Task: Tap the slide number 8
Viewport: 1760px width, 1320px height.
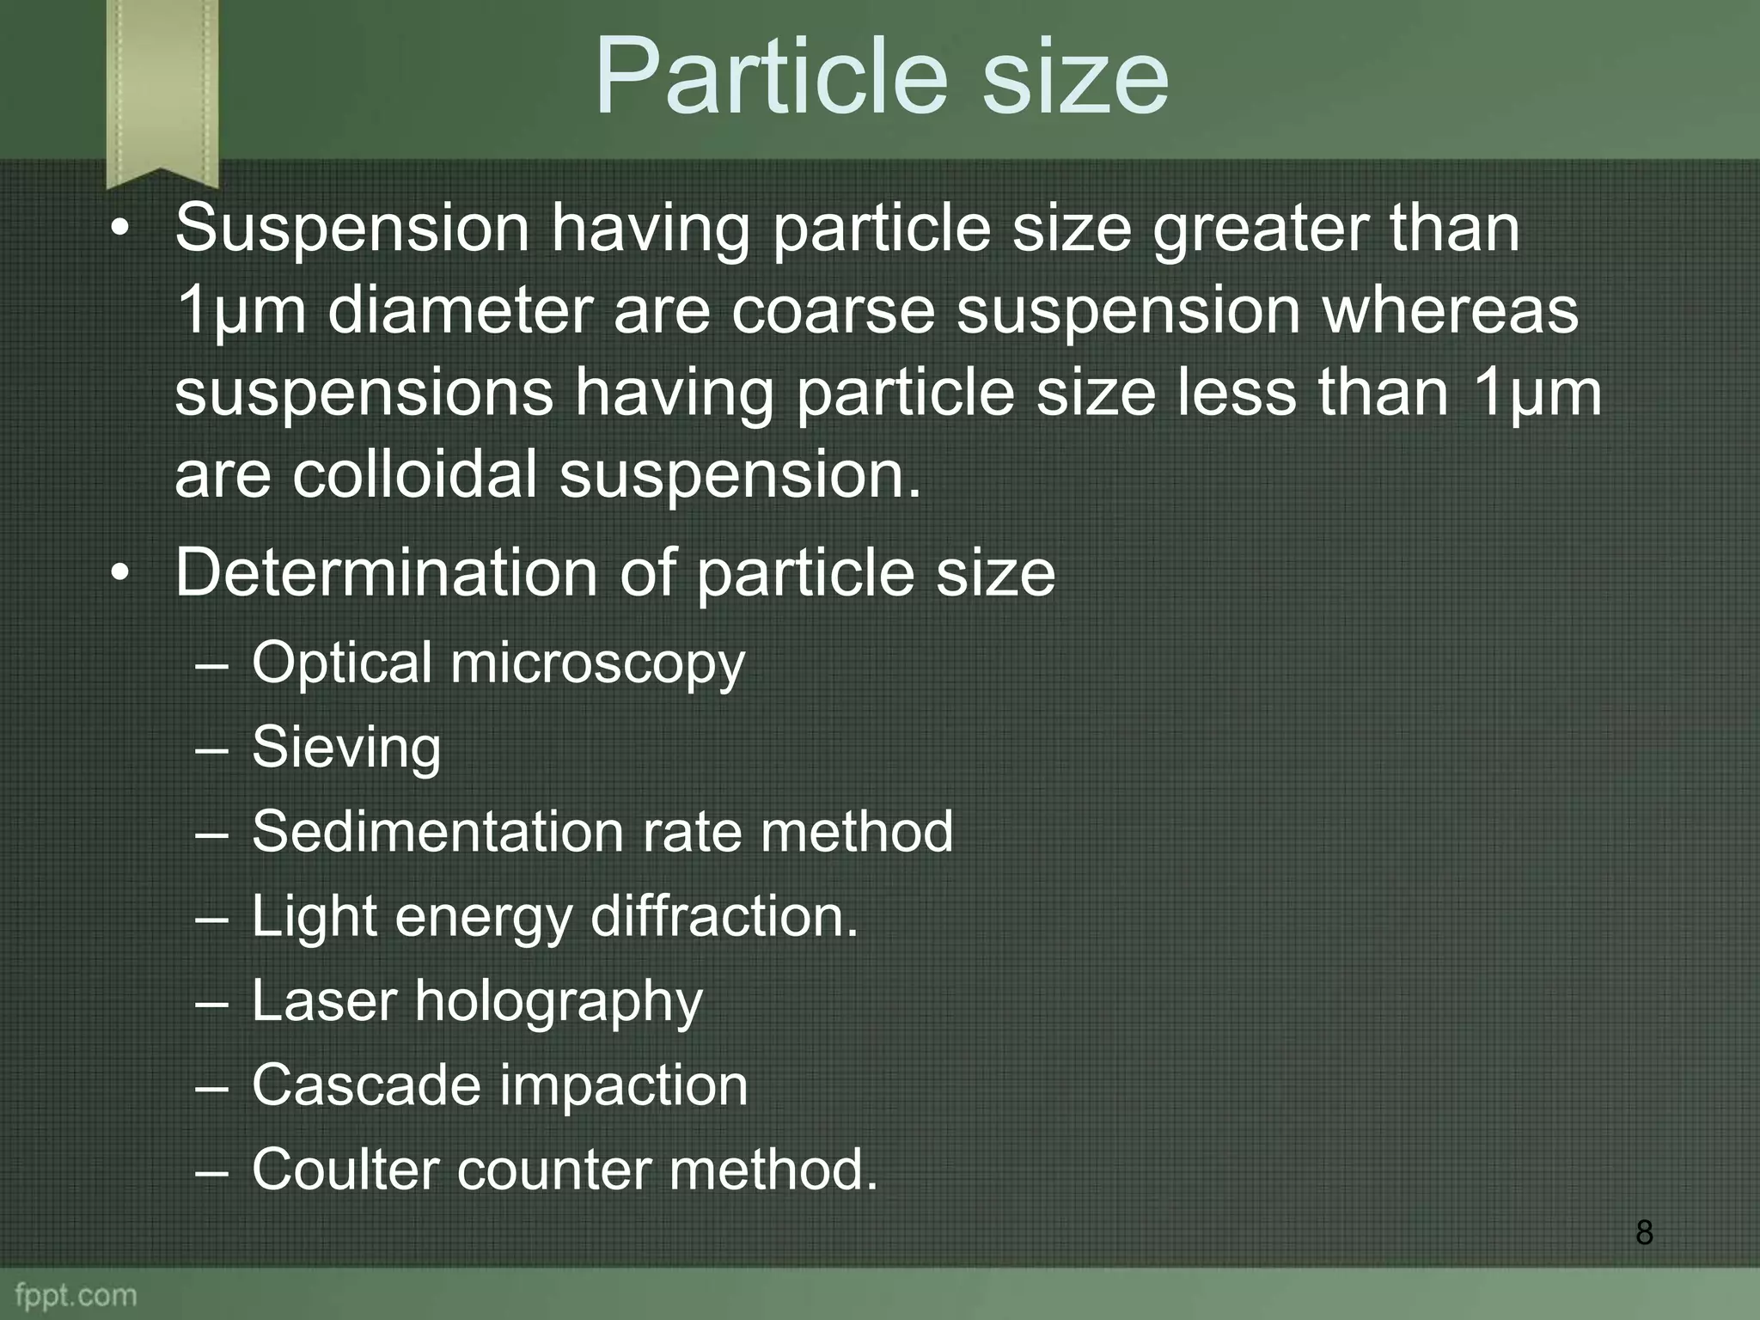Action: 1644,1232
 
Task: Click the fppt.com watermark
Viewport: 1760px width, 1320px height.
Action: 76,1295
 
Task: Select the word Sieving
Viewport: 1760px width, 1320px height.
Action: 346,748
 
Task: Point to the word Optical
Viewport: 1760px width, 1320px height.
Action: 341,663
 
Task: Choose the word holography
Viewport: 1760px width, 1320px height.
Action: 559,1003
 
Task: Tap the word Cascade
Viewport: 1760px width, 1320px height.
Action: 365,1085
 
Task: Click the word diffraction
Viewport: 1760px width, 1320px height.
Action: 724,916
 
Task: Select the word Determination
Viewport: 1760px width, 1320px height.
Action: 386,572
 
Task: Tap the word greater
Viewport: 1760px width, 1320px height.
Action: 1260,229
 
